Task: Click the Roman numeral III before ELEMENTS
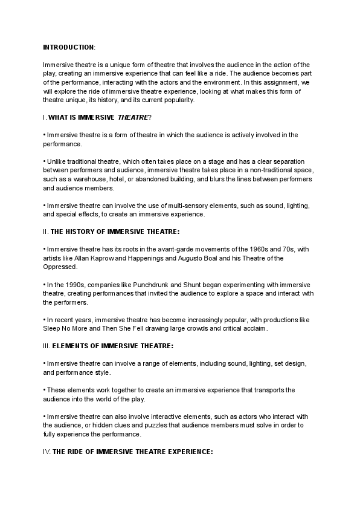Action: pyautogui.click(x=47, y=346)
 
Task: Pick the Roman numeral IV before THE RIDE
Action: pyautogui.click(x=47, y=452)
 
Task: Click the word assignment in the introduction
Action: pyautogui.click(x=285, y=81)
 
